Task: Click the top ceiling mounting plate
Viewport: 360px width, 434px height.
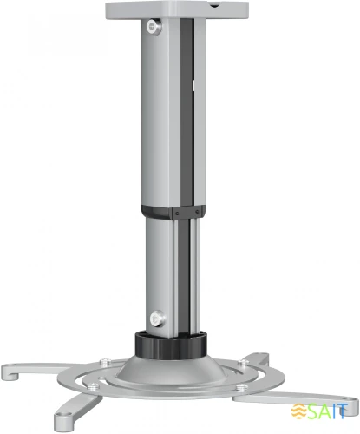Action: click(177, 10)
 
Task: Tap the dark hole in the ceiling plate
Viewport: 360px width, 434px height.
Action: click(214, 5)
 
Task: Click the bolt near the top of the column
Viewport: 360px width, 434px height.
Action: click(153, 27)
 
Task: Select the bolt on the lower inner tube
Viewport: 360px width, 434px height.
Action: click(158, 319)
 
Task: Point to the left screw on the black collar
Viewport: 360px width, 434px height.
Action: click(177, 214)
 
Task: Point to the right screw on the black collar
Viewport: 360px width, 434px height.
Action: click(197, 212)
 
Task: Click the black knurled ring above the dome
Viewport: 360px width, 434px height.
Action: click(171, 345)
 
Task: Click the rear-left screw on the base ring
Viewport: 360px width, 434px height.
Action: click(105, 362)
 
